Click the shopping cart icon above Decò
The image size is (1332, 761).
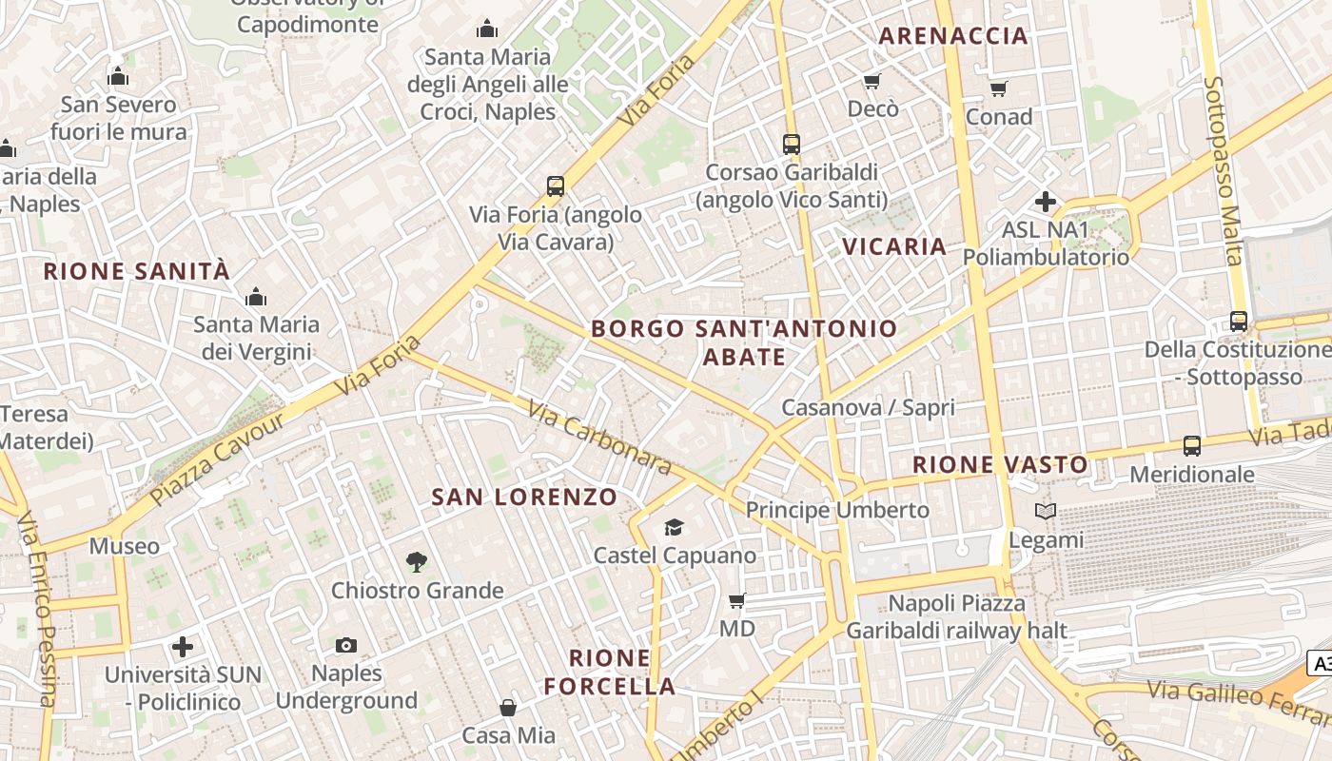coord(872,81)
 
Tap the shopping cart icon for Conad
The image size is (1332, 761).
coord(998,88)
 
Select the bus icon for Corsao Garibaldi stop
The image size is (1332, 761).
coord(792,145)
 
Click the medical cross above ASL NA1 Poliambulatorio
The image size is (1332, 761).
coord(1046,202)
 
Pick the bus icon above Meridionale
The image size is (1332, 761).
coord(1191,445)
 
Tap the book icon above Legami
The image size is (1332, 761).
coord(1046,512)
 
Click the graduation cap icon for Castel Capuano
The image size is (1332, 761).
coord(674,527)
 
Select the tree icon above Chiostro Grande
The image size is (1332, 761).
coord(416,562)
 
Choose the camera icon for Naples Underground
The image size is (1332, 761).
coord(346,646)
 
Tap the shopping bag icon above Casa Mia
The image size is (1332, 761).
coord(508,708)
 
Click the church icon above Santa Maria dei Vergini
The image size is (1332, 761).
coord(255,298)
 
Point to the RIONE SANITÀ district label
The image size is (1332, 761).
coord(137,271)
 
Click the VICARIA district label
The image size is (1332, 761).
coord(894,246)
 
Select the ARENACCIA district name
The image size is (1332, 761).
coord(953,36)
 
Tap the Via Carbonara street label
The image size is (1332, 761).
coord(600,439)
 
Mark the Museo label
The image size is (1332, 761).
coord(125,546)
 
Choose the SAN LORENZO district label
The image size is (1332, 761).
coord(524,497)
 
